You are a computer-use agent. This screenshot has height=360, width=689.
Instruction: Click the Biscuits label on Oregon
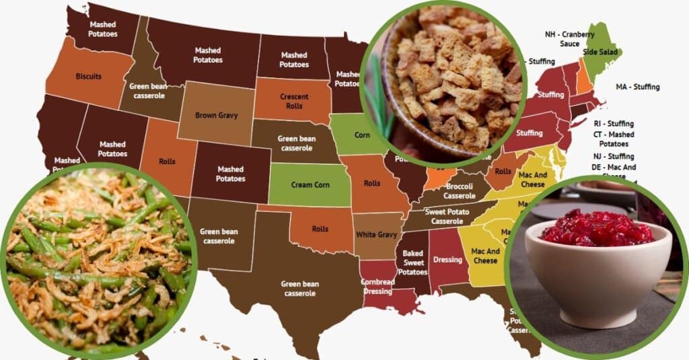tap(89, 76)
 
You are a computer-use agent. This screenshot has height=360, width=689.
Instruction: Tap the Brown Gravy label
tap(216, 115)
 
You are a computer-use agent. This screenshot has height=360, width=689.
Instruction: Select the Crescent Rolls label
tap(294, 101)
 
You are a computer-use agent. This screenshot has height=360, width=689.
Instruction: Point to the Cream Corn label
tap(310, 184)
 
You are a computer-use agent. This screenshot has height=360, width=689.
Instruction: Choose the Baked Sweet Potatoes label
tap(412, 262)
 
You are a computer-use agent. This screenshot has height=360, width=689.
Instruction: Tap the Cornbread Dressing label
tap(376, 287)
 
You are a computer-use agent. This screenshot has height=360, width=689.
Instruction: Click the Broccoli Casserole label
tap(460, 191)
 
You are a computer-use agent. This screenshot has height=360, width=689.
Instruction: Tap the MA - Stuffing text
tap(637, 87)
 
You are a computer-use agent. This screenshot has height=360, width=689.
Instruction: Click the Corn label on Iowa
tap(362, 135)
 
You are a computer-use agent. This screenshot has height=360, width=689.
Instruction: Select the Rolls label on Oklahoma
tap(320, 229)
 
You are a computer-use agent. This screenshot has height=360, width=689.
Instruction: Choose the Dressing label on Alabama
tap(448, 260)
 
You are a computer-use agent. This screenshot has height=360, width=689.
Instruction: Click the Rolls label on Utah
tap(167, 161)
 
